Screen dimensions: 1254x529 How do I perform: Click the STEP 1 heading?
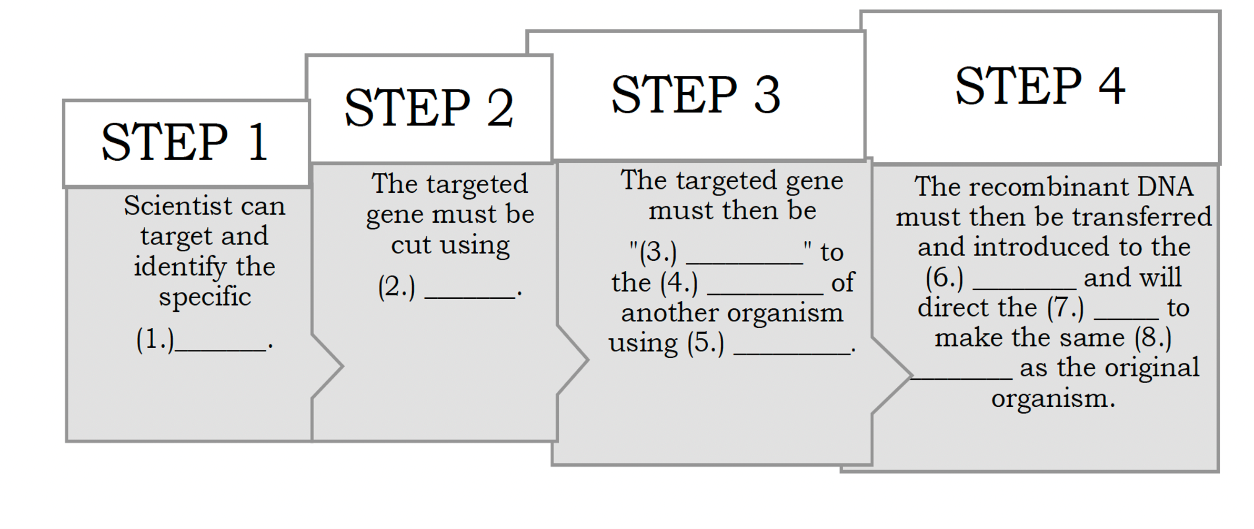coord(184,142)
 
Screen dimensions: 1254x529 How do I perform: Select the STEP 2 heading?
coord(428,107)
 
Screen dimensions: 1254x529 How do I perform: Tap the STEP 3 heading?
coord(696,95)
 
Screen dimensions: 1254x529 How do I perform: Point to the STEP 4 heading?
coord(1040,85)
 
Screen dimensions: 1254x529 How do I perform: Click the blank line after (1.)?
coord(220,350)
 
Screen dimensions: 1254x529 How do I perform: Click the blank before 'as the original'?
coord(961,378)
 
